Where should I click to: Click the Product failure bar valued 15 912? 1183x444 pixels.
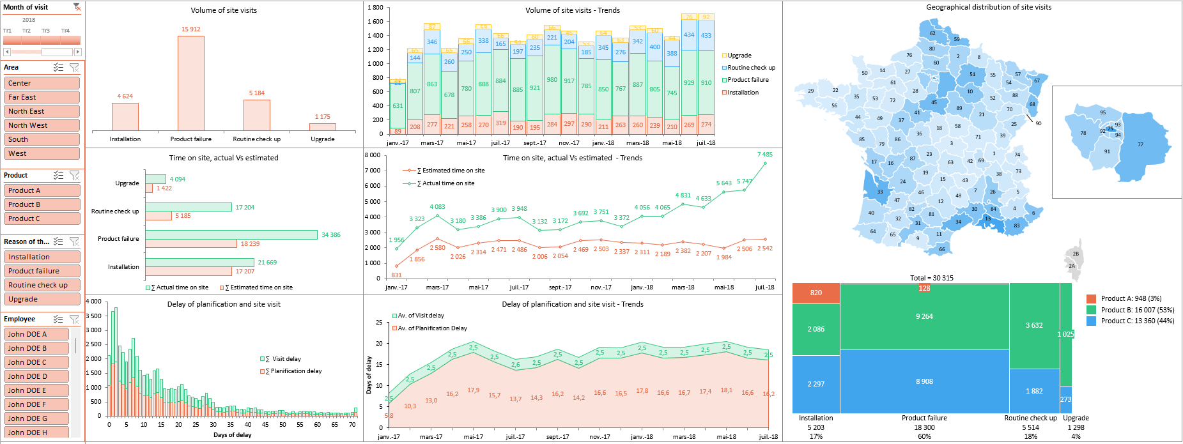click(190, 83)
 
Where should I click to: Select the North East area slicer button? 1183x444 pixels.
click(42, 111)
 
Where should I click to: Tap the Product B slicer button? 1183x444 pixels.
click(42, 204)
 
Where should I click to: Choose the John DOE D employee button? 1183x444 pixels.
click(37, 376)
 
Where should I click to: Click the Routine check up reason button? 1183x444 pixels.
click(42, 285)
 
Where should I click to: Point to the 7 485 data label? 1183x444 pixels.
click(764, 155)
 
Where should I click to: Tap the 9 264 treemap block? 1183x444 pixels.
click(924, 316)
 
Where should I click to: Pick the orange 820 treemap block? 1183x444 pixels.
click(816, 293)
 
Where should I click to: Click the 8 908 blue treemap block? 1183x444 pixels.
click(924, 381)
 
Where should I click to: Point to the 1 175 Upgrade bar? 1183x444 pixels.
click(323, 126)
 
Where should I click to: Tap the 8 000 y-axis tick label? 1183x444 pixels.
click(372, 155)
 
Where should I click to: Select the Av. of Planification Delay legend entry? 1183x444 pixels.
click(432, 328)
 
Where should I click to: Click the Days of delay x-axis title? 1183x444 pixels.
click(232, 435)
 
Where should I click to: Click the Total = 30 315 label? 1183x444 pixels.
click(931, 278)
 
